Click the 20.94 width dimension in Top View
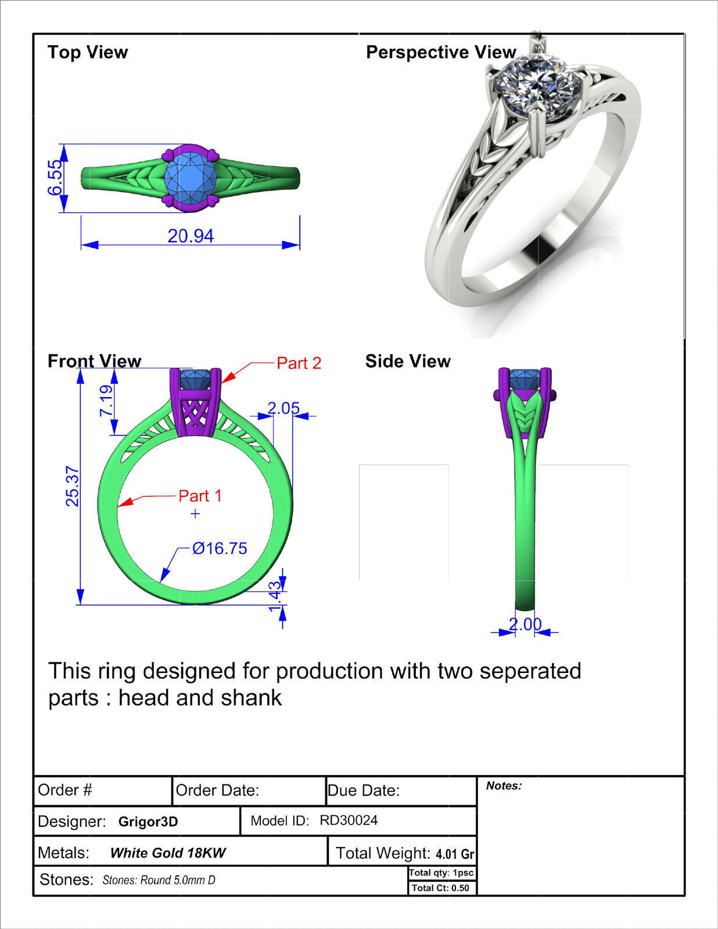(x=191, y=236)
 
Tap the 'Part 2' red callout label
(x=299, y=363)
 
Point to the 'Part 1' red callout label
(x=200, y=496)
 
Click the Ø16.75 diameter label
(x=220, y=548)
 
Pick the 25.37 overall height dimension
(x=72, y=487)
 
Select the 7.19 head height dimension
(x=106, y=401)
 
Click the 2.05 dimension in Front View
(x=283, y=408)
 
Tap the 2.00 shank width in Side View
(x=525, y=624)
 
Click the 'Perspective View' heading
(x=441, y=52)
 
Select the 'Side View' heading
(x=408, y=361)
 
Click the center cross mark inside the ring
(x=195, y=513)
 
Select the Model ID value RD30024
(x=349, y=820)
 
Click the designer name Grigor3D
(x=148, y=822)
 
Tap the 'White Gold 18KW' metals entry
(x=168, y=853)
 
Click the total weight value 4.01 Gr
(x=455, y=854)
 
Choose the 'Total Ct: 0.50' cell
(x=440, y=888)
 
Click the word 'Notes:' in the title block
(x=504, y=786)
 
